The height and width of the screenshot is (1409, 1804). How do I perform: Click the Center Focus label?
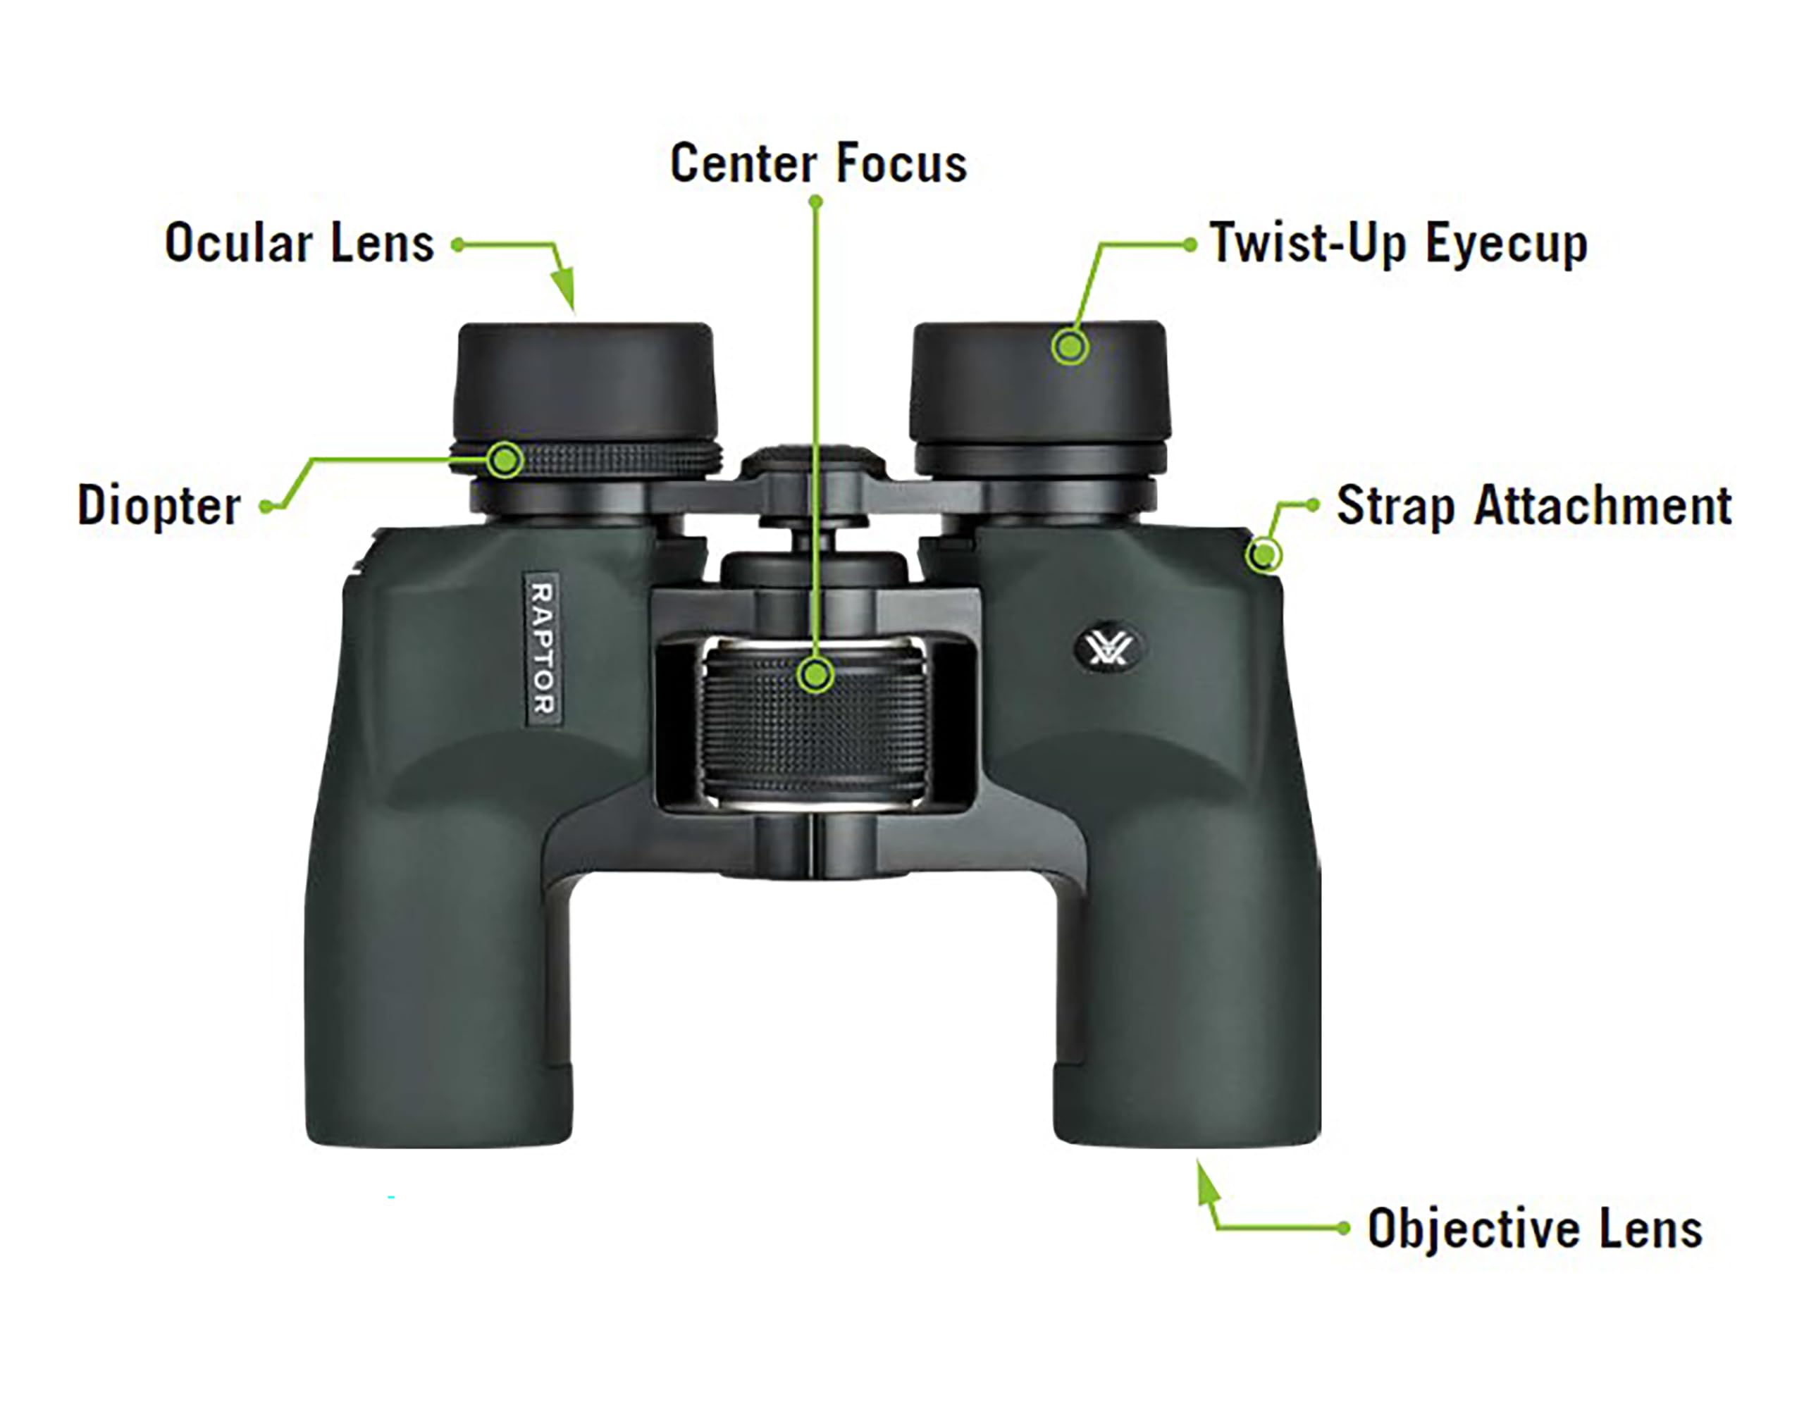coord(817,163)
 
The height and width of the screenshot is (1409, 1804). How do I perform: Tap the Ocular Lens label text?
coord(299,243)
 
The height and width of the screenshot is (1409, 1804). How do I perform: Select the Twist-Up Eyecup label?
coord(1398,244)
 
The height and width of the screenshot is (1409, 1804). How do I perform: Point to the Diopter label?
coord(159,505)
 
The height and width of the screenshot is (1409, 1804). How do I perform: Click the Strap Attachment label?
coord(1534,505)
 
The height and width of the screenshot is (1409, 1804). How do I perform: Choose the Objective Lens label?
coord(1534,1229)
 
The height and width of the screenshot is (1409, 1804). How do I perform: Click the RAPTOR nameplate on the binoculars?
coord(543,649)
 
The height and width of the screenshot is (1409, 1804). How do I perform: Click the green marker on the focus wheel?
coord(816,675)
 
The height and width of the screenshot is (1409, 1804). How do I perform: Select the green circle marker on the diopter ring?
coord(505,459)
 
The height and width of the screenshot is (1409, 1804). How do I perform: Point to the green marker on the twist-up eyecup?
coord(1070,346)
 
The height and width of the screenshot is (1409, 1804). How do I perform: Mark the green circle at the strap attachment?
coord(1264,554)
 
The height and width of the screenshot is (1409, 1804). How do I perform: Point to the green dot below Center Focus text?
coord(815,201)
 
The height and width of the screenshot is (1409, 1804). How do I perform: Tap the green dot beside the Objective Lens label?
coord(1343,1229)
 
